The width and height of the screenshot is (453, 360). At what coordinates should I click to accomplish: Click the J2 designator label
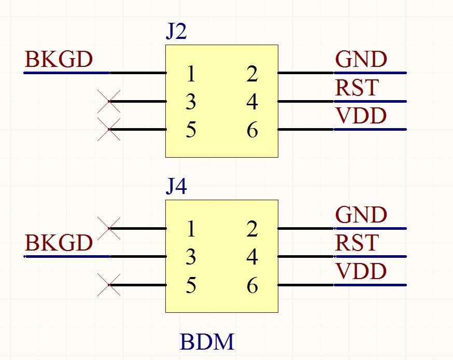(x=176, y=32)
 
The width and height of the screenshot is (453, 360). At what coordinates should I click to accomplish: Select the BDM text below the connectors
(x=207, y=342)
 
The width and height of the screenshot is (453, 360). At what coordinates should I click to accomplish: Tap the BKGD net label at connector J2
(x=59, y=60)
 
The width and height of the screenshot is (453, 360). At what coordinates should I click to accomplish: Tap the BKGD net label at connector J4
(x=59, y=243)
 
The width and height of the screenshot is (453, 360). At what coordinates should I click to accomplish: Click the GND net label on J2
(x=361, y=60)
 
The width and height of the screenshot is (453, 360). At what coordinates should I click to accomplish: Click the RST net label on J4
(x=357, y=243)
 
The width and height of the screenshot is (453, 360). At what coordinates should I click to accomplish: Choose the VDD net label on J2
(x=361, y=116)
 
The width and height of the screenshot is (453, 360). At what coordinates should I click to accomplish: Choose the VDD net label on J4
(x=361, y=271)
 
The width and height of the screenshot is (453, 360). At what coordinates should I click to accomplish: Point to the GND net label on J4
(x=361, y=215)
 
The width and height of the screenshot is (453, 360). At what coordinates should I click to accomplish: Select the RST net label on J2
(x=357, y=88)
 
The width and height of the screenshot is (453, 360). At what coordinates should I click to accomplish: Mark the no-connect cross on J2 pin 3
(x=109, y=101)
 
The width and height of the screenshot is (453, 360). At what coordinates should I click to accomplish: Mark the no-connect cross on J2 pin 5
(x=109, y=130)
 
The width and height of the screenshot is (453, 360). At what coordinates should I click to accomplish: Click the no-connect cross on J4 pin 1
(x=109, y=228)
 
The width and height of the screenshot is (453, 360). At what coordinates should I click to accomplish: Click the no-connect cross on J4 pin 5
(x=109, y=285)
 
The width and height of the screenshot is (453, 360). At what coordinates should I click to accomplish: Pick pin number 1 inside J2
(x=191, y=75)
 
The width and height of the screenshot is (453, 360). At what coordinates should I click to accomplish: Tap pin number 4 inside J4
(x=252, y=257)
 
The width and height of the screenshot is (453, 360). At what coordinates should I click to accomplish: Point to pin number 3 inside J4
(x=191, y=257)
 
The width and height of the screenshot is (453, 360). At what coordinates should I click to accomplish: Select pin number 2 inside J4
(x=252, y=229)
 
